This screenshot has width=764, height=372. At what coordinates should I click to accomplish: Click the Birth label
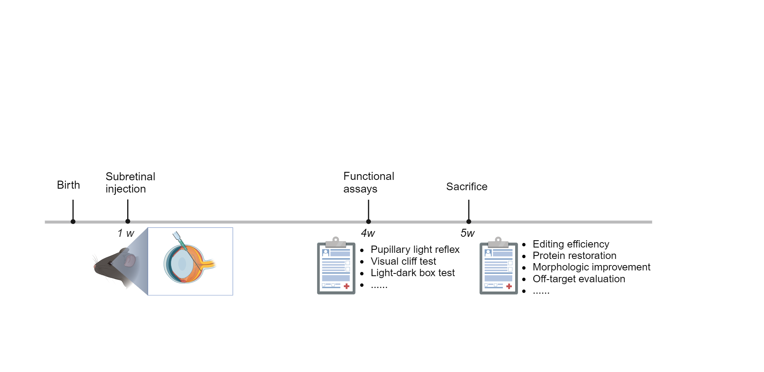[x=68, y=185]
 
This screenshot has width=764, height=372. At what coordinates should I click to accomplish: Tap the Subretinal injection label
[x=130, y=183]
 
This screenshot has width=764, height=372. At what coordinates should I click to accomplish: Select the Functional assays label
[x=369, y=182]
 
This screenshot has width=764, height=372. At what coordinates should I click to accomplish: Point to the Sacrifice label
[x=467, y=186]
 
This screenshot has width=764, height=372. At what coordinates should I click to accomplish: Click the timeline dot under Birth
[x=73, y=222]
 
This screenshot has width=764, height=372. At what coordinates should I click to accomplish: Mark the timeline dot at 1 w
[x=128, y=222]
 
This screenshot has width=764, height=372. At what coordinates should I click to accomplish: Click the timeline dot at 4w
[x=368, y=222]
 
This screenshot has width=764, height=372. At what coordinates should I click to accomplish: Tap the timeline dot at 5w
[x=469, y=222]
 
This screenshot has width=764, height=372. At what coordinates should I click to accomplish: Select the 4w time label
[x=368, y=233]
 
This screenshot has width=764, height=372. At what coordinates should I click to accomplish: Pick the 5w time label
[x=468, y=233]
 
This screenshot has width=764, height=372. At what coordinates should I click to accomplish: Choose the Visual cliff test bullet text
[x=403, y=261]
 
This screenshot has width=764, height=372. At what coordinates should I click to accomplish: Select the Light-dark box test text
[x=413, y=273]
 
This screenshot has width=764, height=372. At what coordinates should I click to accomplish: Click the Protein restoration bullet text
[x=575, y=256]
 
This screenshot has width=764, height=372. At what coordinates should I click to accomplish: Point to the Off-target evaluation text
[x=579, y=279]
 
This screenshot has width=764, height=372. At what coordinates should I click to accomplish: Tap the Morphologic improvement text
[x=591, y=267]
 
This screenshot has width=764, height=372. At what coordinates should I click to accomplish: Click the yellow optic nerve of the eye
[x=208, y=264]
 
